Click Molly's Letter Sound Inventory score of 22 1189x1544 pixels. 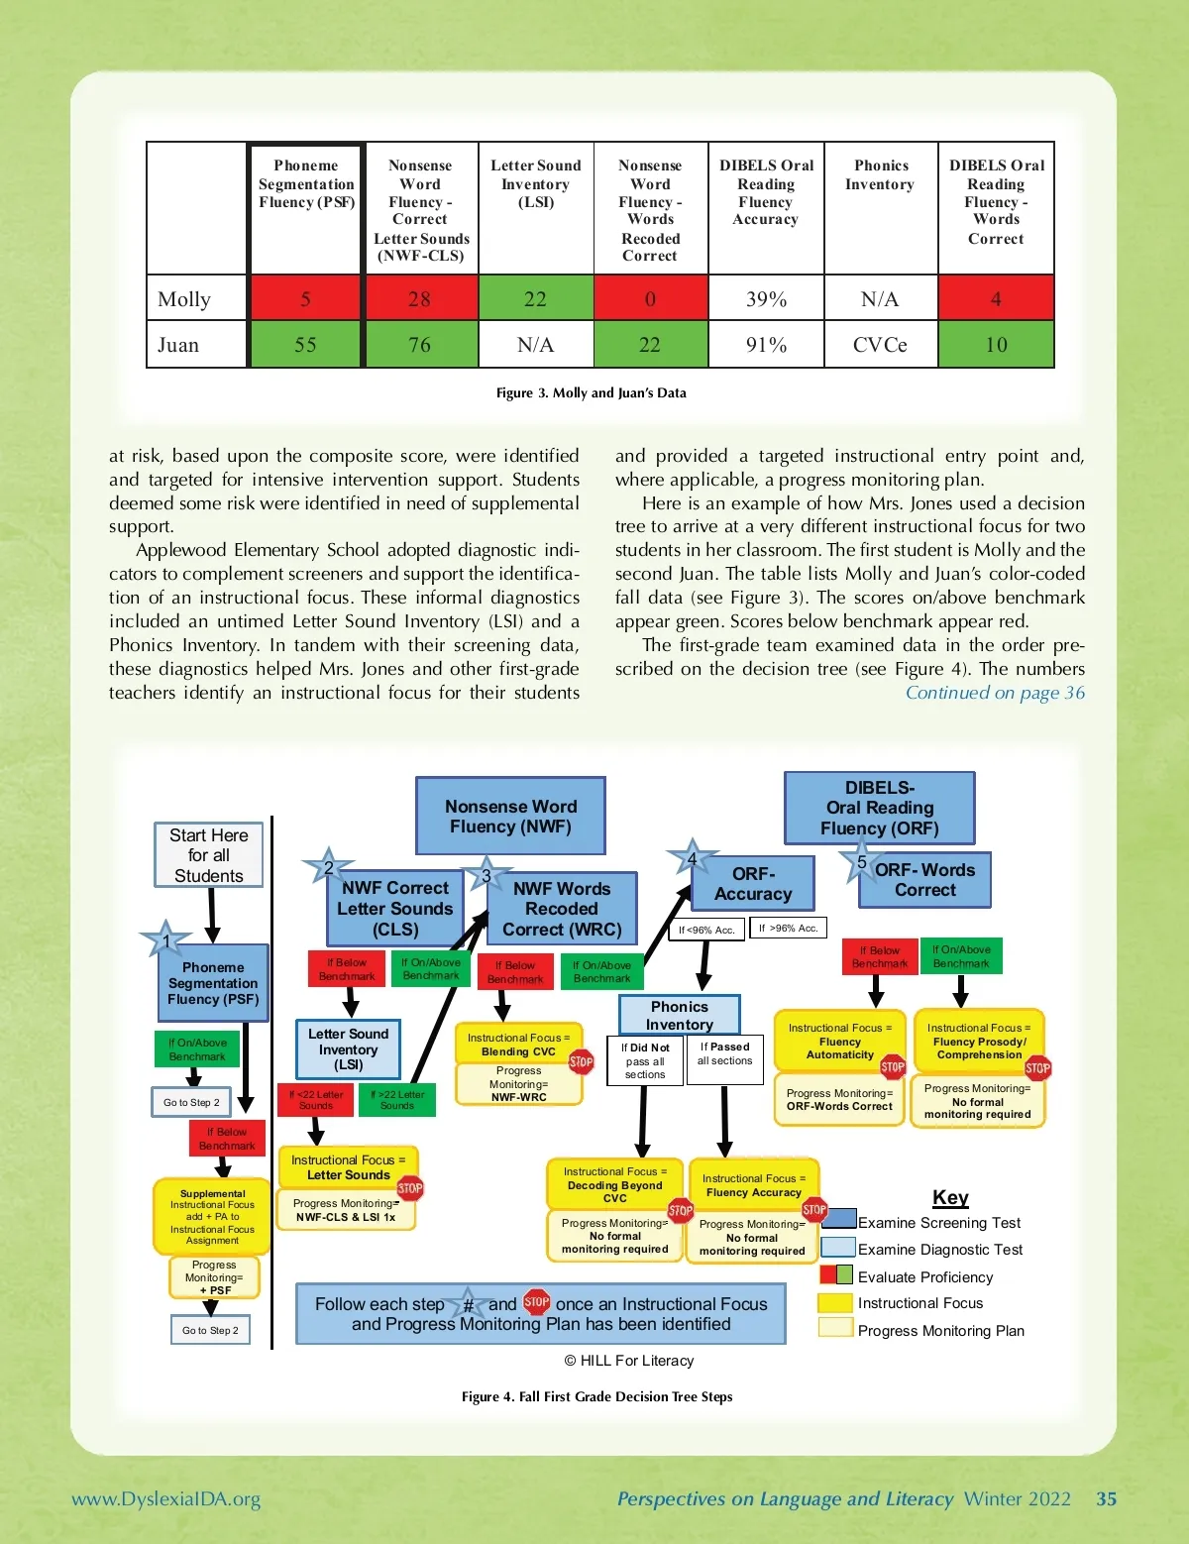[535, 298]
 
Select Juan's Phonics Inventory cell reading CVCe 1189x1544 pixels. [880, 345]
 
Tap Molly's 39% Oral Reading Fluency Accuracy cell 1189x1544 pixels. [766, 298]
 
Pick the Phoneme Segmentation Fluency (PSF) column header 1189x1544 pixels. [306, 184]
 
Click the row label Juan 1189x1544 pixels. [178, 345]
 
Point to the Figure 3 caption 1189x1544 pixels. [591, 392]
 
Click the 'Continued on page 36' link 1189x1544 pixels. [995, 693]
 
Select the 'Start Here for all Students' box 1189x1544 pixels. [209, 854]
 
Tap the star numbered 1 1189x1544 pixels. [165, 940]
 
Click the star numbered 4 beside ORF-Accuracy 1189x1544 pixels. [692, 858]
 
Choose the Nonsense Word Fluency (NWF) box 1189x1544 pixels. [510, 816]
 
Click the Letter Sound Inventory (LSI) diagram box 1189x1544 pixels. [348, 1048]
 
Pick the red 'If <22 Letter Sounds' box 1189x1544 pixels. [316, 1100]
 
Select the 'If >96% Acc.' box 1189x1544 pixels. [788, 928]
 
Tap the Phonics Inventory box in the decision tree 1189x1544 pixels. [680, 1015]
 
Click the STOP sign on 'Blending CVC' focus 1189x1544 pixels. [581, 1061]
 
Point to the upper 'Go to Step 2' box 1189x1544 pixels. [191, 1102]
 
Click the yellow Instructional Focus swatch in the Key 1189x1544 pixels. [835, 1302]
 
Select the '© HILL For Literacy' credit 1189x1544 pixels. [629, 1361]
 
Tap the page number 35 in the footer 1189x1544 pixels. [1106, 1498]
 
